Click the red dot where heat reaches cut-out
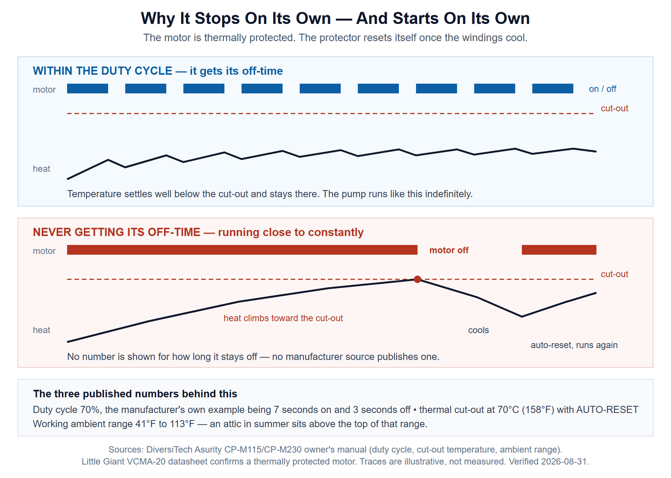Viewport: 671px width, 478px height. pyautogui.click(x=417, y=279)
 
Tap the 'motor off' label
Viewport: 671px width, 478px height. pyautogui.click(x=449, y=250)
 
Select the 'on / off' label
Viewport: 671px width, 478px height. pyautogui.click(x=602, y=89)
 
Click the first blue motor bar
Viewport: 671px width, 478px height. pyautogui.click(x=88, y=89)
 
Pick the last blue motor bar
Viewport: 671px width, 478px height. pyautogui.click(x=552, y=89)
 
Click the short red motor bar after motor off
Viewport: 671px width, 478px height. pyautogui.click(x=559, y=250)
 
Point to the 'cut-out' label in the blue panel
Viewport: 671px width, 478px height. pyautogui.click(x=614, y=108)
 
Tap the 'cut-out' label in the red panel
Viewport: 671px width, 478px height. pyautogui.click(x=614, y=274)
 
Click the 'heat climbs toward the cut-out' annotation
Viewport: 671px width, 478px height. pyautogui.click(x=283, y=318)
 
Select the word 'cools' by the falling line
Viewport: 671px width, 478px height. pyautogui.click(x=479, y=330)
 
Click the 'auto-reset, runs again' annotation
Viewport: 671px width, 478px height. pyautogui.click(x=574, y=345)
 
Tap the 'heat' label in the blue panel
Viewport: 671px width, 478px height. pyautogui.click(x=42, y=168)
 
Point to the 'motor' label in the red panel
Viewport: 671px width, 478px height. pyautogui.click(x=44, y=251)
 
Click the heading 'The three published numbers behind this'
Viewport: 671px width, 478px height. pyautogui.click(x=135, y=394)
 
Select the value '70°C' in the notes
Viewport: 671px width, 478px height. pyautogui.click(x=508, y=410)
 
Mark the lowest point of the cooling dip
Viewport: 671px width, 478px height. pyautogui.click(x=522, y=317)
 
